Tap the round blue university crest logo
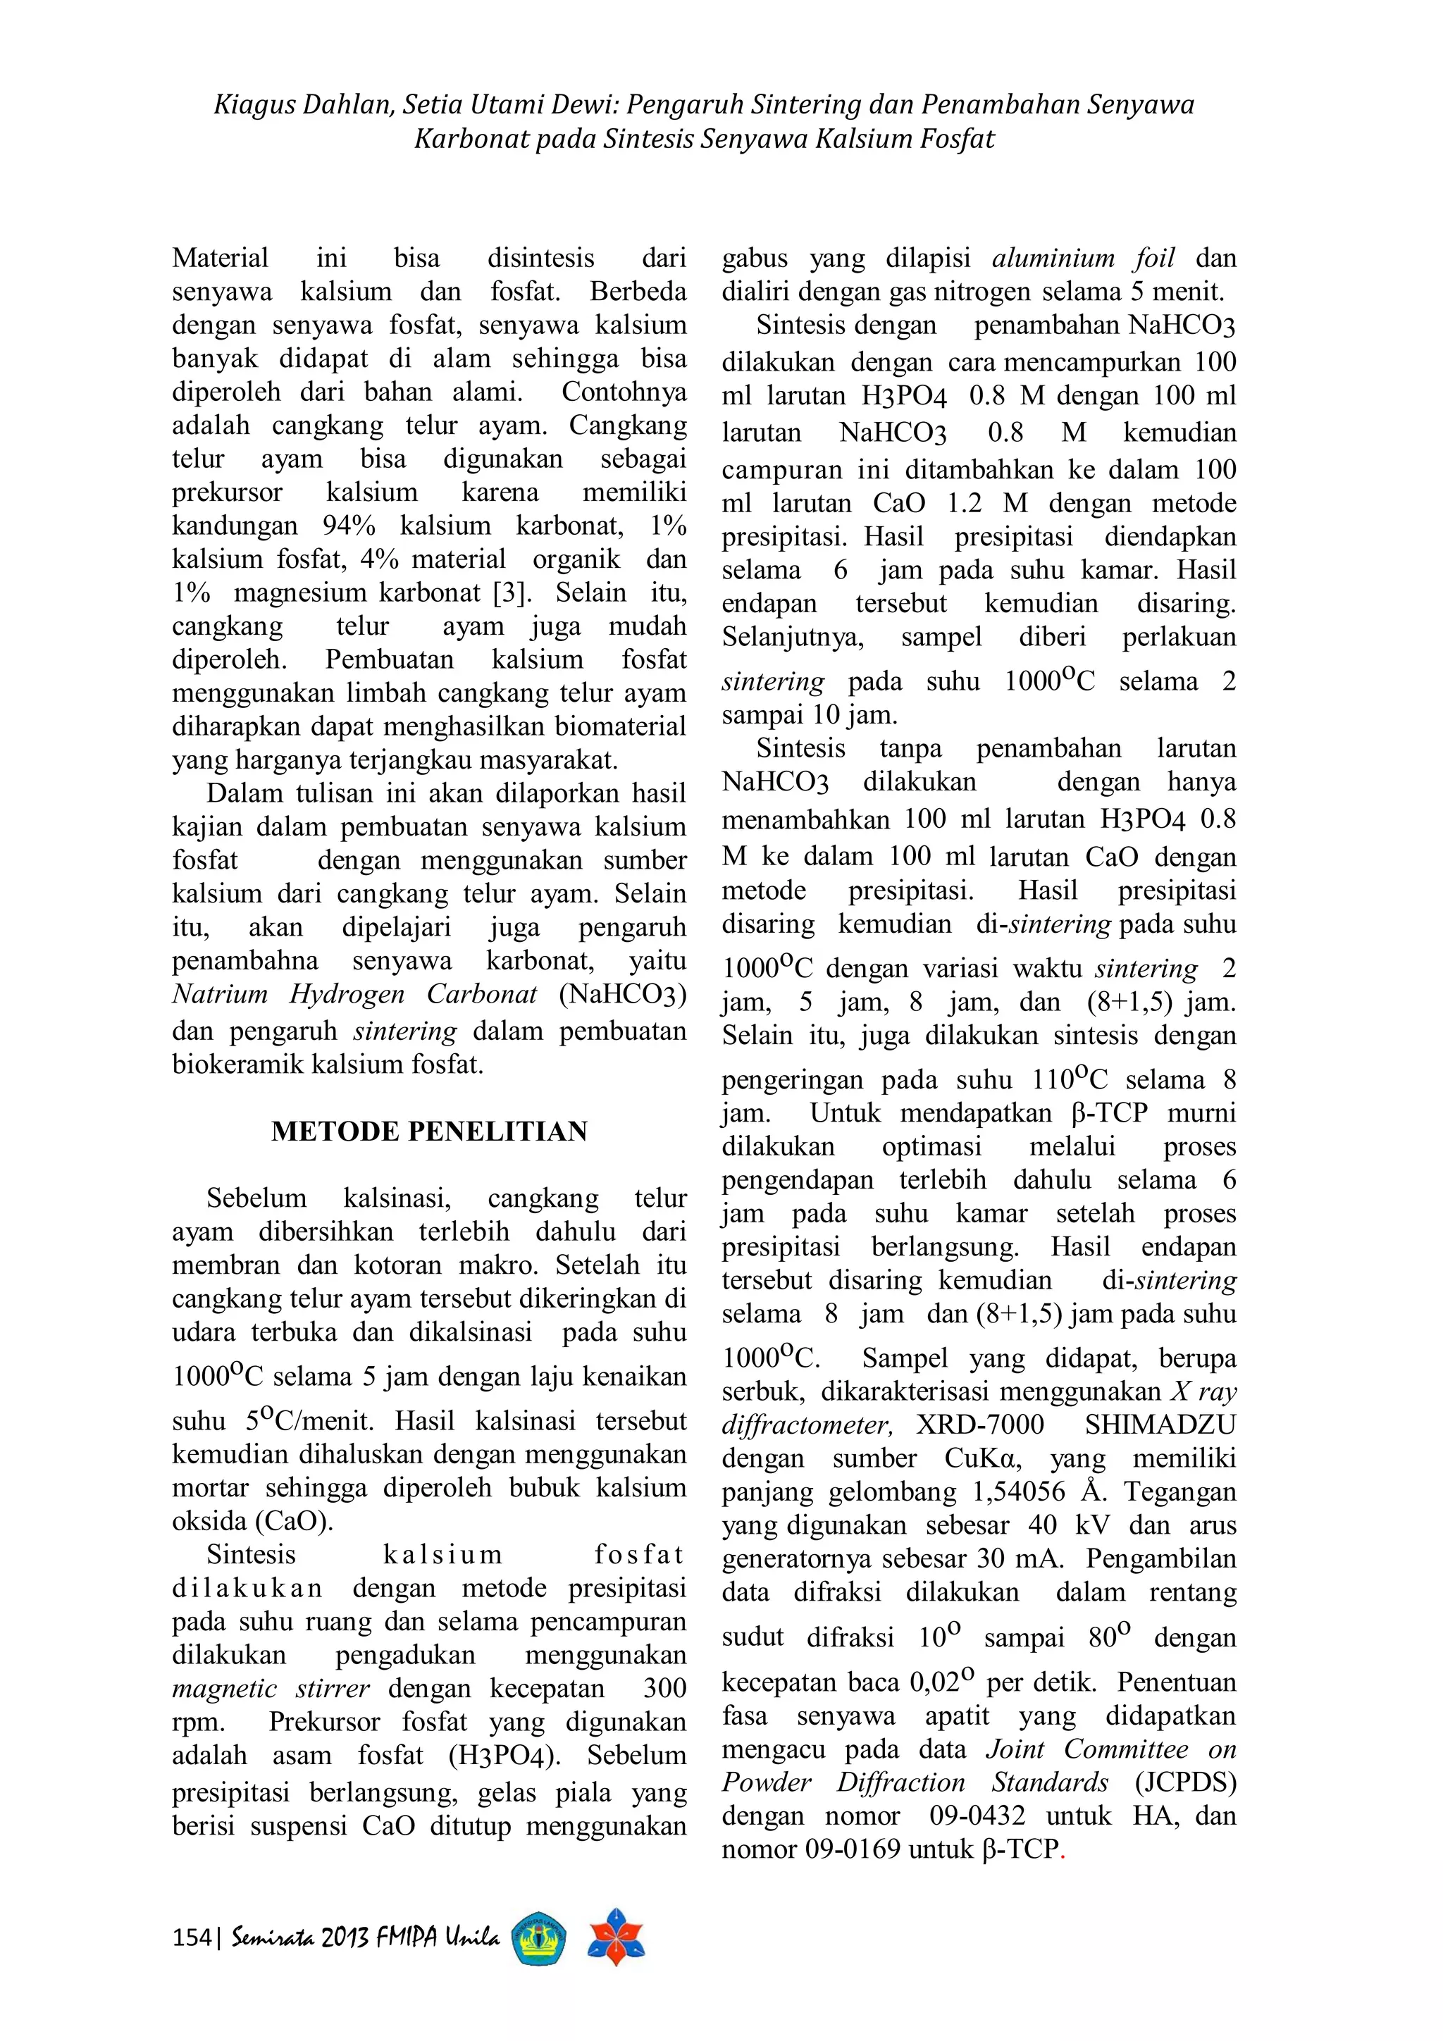point(540,1938)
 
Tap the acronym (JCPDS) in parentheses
point(1185,1782)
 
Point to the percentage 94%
point(349,526)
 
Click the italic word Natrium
point(220,994)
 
